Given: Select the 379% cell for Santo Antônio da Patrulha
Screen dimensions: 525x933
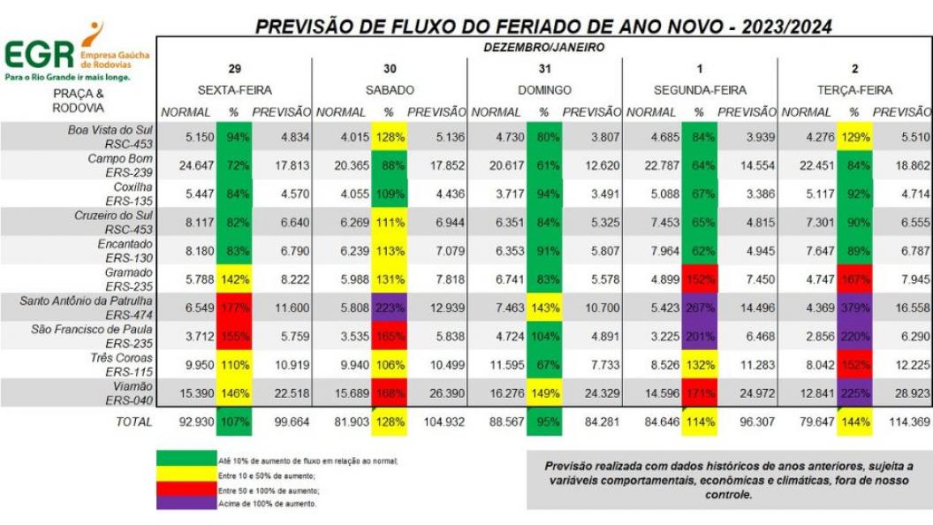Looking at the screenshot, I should tap(853, 308).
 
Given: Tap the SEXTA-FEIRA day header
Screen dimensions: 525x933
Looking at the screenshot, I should tap(234, 90).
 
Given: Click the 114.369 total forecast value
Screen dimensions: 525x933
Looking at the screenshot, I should tap(902, 422).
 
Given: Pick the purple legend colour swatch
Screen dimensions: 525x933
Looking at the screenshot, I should tap(186, 503).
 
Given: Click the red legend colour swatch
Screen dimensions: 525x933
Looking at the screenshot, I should tap(186, 489).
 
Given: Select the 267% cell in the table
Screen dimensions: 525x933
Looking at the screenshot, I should tap(698, 308).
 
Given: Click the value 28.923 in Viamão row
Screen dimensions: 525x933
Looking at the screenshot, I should tap(902, 393).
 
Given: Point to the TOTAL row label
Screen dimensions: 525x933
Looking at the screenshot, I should tap(133, 422).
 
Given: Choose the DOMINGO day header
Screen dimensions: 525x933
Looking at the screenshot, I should tap(544, 90).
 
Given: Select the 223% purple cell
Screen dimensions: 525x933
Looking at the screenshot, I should tap(389, 308).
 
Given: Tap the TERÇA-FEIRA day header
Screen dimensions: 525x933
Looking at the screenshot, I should tap(854, 90).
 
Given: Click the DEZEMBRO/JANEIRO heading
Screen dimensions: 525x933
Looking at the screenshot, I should tap(544, 47).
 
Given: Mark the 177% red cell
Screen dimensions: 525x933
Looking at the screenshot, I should tap(234, 308).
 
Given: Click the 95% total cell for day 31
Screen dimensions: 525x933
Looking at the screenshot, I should tap(544, 422).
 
